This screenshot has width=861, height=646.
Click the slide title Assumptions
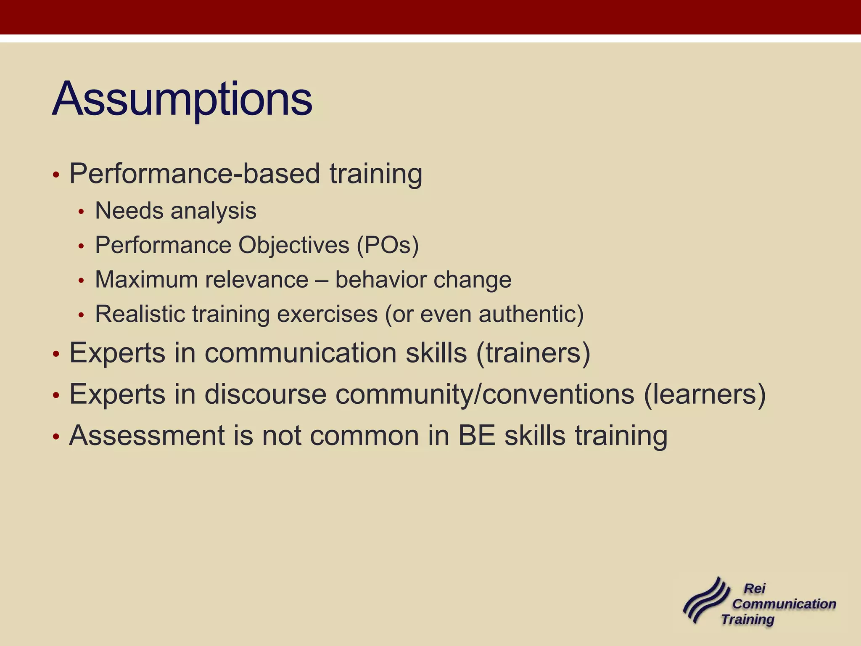pyautogui.click(x=182, y=100)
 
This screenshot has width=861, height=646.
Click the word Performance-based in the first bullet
pyautogui.click(x=194, y=174)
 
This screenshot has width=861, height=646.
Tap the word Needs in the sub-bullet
pyautogui.click(x=129, y=211)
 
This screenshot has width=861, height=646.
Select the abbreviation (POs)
pyautogui.click(x=388, y=245)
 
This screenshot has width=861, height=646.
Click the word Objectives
pyautogui.click(x=294, y=245)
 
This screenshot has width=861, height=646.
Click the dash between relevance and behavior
pyautogui.click(x=322, y=281)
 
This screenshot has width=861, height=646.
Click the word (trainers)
pyautogui.click(x=533, y=353)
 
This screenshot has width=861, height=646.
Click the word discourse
pyautogui.click(x=265, y=394)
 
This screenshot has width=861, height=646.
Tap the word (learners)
pyautogui.click(x=705, y=394)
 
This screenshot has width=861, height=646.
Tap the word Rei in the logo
pyautogui.click(x=755, y=588)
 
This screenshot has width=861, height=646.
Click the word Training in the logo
pyautogui.click(x=748, y=619)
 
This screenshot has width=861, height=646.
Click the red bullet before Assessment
pyautogui.click(x=56, y=437)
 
